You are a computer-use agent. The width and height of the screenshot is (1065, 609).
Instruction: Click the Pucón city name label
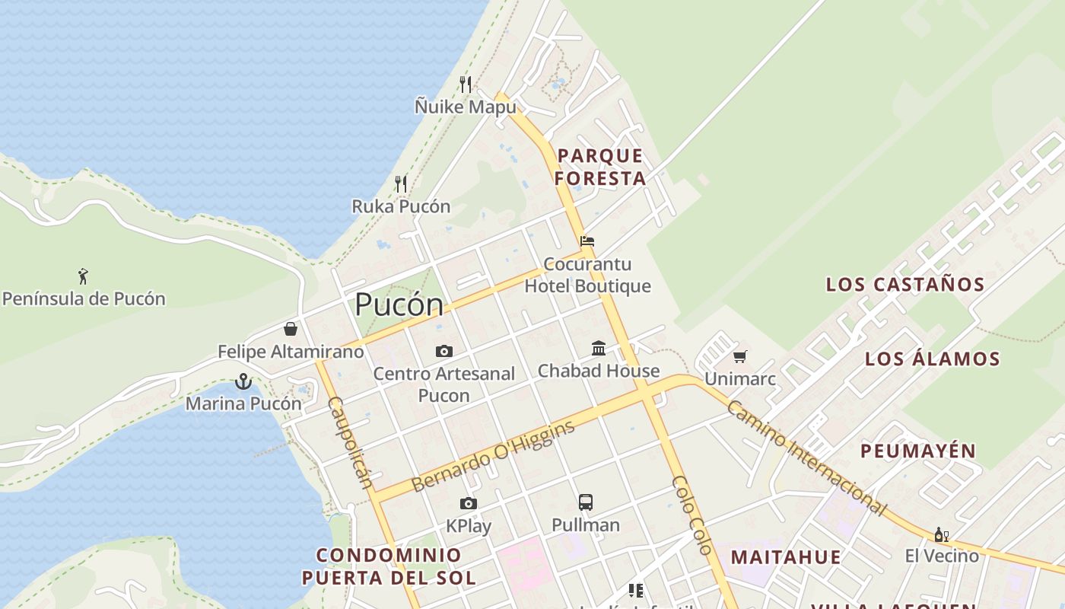coord(399,304)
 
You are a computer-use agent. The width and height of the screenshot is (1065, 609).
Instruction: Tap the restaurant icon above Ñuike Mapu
coord(466,84)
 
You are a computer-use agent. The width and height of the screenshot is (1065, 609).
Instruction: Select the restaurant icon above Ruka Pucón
coord(401,183)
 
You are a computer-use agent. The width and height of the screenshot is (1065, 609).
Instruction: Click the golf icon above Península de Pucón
coord(83,276)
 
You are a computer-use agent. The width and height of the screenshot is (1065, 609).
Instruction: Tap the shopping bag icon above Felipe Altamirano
coord(291,329)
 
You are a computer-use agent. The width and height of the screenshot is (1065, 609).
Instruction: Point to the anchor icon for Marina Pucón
coord(243,381)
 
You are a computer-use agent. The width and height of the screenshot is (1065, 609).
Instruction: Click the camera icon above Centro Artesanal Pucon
coord(444,351)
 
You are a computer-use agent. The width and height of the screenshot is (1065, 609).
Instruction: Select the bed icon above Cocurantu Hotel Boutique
coord(587,241)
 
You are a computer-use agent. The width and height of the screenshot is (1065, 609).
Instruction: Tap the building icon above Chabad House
coord(599,348)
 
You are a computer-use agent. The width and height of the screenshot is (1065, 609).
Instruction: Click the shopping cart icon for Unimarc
coord(740,356)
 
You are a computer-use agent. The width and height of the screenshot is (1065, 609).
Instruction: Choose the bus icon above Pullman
coord(585,502)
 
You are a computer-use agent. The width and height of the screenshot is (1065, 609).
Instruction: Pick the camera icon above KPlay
coord(469,503)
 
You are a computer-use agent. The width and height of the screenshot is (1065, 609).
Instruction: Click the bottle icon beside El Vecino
coord(940,534)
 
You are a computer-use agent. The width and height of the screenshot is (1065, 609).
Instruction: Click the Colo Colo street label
coord(692,515)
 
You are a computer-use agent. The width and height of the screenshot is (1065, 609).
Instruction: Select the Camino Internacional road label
coord(806,458)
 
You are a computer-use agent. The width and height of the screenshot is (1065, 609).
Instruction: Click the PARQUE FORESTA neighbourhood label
coord(600,167)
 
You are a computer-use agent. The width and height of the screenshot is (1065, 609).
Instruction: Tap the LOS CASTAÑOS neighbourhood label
coord(905,285)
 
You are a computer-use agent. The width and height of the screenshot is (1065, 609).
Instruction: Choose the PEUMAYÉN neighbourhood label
coord(918,451)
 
